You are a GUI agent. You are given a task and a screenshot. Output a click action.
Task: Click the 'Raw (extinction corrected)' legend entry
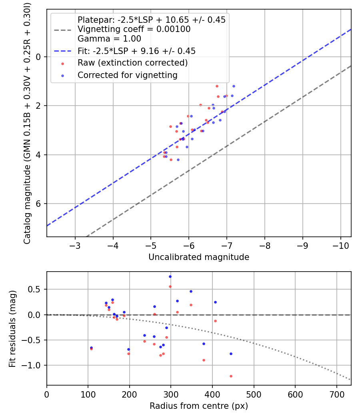pyautogui.click(x=132, y=63)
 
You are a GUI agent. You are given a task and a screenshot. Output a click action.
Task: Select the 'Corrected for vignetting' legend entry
pyautogui.click(x=128, y=75)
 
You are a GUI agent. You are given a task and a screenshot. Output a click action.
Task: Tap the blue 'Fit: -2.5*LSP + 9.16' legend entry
pyautogui.click(x=136, y=51)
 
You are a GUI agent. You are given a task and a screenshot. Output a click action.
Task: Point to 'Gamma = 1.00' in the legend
pyautogui.click(x=109, y=39)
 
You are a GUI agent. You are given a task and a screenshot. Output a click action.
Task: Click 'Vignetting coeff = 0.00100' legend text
pyautogui.click(x=134, y=29)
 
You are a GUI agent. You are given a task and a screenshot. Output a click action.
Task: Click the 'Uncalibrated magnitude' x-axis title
pyautogui.click(x=199, y=257)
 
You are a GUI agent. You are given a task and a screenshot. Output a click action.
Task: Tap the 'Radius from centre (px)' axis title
pyautogui.click(x=199, y=406)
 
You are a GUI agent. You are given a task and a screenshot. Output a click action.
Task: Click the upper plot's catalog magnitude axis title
pyautogui.click(x=27, y=123)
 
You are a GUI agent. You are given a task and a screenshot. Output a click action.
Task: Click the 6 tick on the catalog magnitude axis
pyautogui.click(x=39, y=204)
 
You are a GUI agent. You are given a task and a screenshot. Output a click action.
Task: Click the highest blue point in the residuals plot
pyautogui.click(x=170, y=276)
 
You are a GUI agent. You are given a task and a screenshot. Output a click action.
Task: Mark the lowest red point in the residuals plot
pyautogui.click(x=231, y=376)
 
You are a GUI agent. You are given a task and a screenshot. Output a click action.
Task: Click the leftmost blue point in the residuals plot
pyautogui.click(x=91, y=348)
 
